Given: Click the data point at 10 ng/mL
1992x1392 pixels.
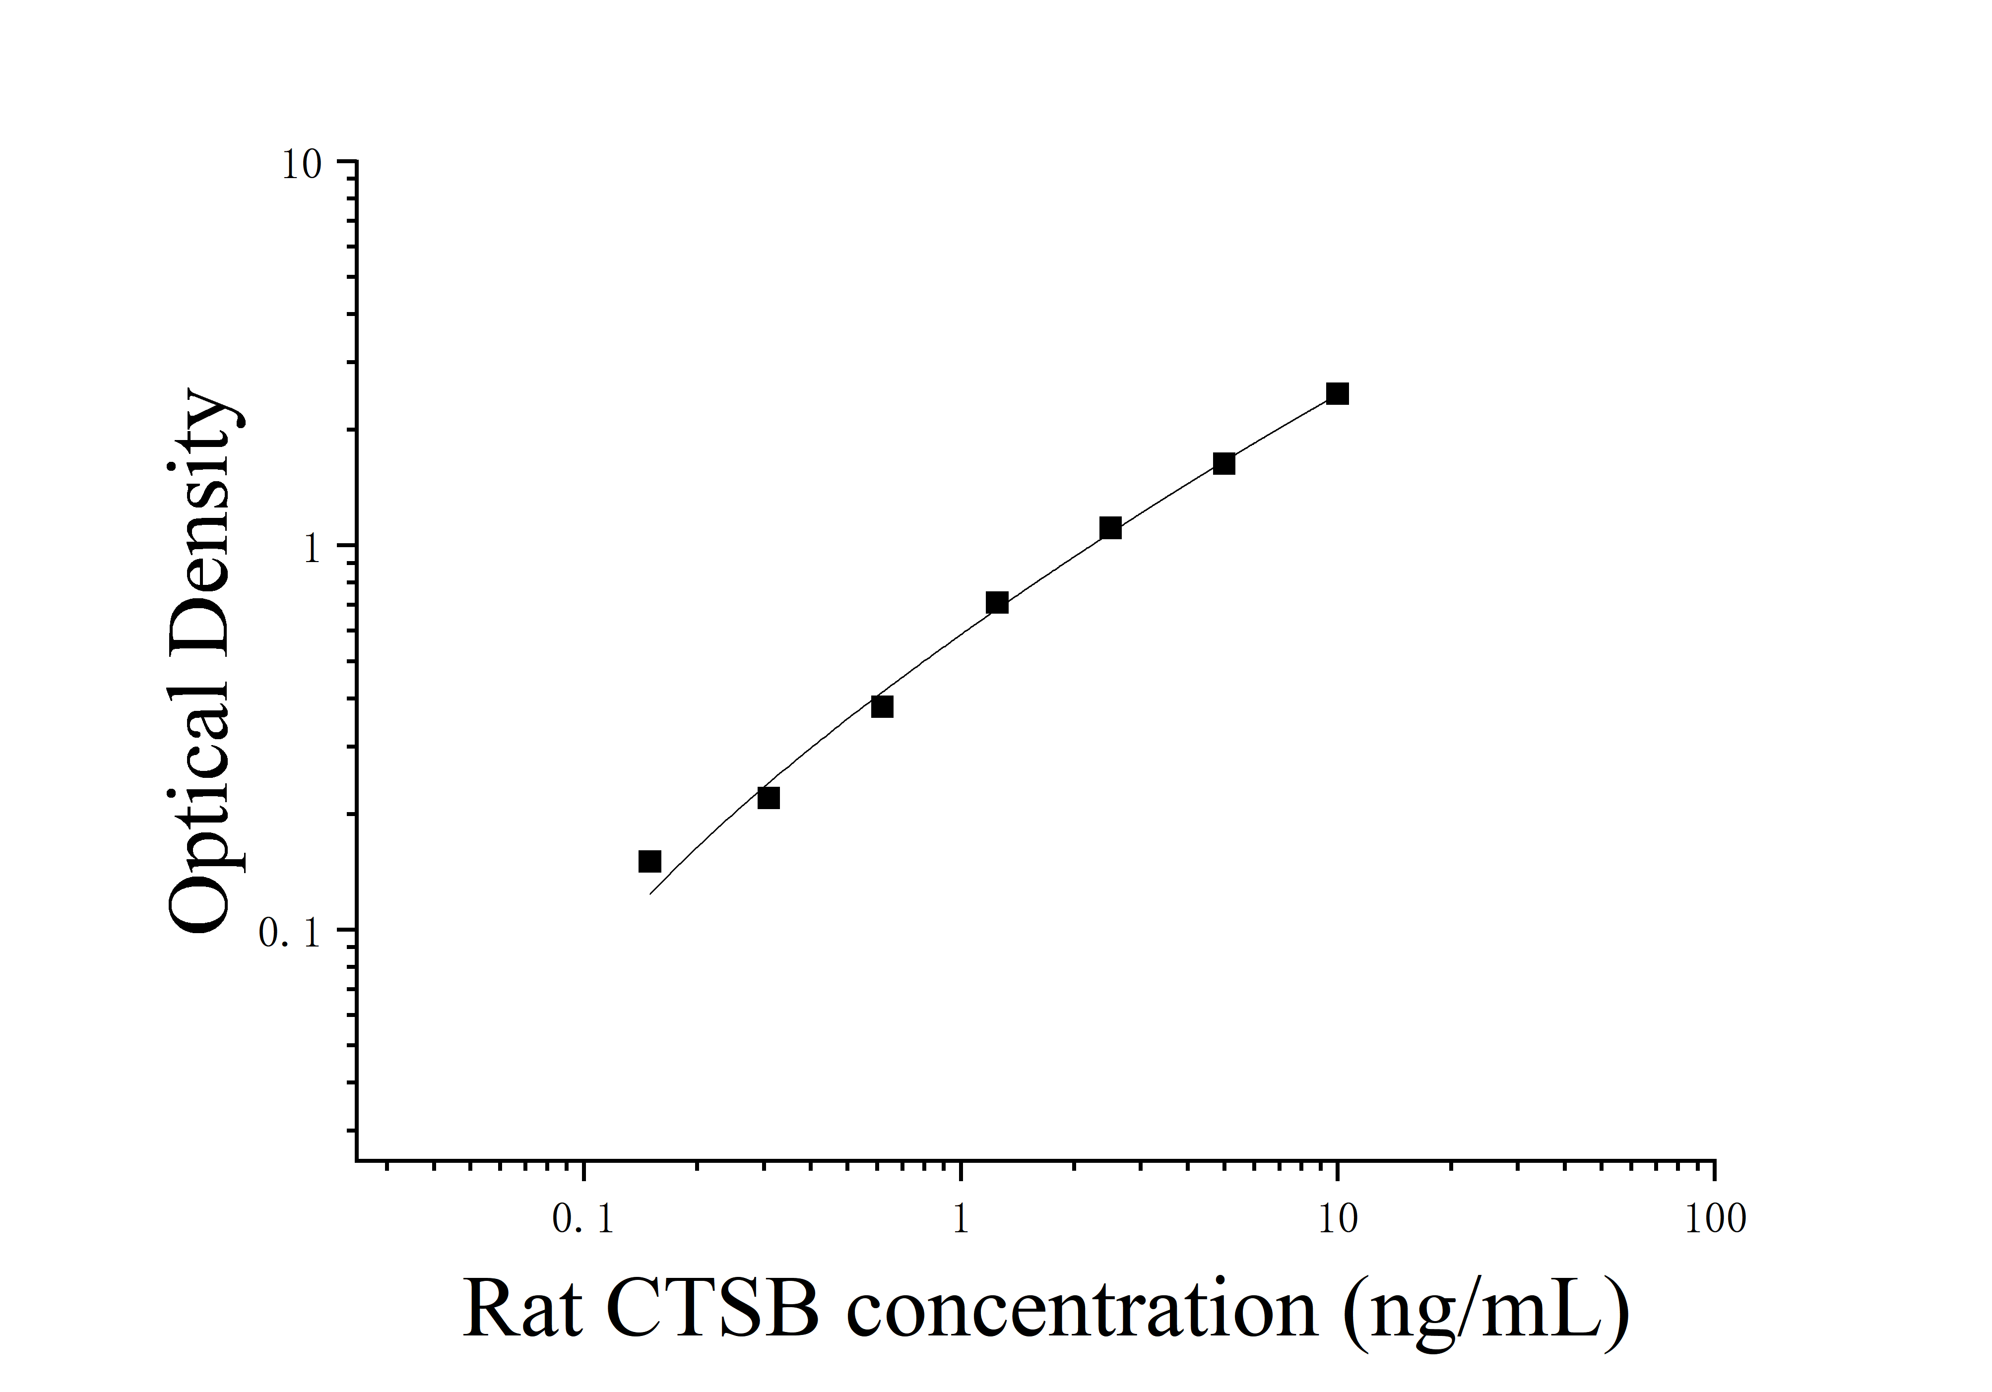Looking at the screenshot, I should [x=1337, y=394].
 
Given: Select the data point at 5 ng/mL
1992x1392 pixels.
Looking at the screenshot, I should [x=1223, y=463].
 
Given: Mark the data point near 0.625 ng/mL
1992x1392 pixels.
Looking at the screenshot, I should [x=882, y=707].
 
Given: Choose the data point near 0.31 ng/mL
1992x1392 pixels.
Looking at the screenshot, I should [x=768, y=797].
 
